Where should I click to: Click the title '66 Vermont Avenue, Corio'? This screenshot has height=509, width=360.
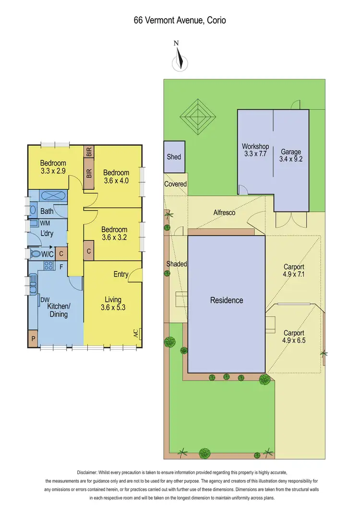180,20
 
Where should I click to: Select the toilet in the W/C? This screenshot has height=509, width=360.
36,253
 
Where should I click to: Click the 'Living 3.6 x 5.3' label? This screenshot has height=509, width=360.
113,303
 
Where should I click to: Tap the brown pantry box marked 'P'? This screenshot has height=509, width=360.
33,338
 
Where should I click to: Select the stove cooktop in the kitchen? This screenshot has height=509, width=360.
48,265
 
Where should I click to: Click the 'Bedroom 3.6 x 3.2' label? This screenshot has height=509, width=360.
114,233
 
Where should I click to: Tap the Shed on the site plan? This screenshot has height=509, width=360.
174,157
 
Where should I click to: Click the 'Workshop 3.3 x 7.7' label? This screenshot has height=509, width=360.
254,150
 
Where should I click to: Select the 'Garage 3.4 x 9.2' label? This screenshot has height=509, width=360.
291,156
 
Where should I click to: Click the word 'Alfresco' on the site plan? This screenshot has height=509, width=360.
224,212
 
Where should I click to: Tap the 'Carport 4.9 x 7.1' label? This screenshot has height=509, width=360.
294,271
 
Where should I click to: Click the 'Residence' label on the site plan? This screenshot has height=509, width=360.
227,300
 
